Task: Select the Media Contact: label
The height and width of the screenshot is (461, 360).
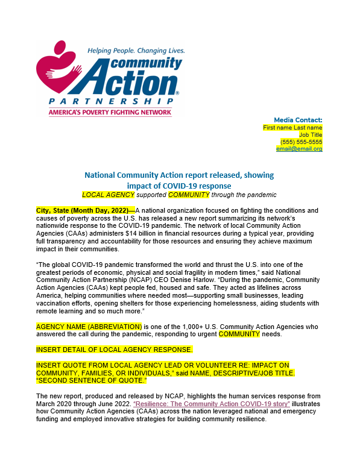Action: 298,120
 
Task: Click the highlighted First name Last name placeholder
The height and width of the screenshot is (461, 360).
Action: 292,127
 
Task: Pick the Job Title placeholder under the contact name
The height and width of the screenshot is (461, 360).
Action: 308,134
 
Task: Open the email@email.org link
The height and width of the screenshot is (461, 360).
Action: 299,149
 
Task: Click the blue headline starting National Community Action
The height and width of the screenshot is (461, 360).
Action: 179,180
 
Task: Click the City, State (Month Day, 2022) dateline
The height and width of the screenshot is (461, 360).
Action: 82,210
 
